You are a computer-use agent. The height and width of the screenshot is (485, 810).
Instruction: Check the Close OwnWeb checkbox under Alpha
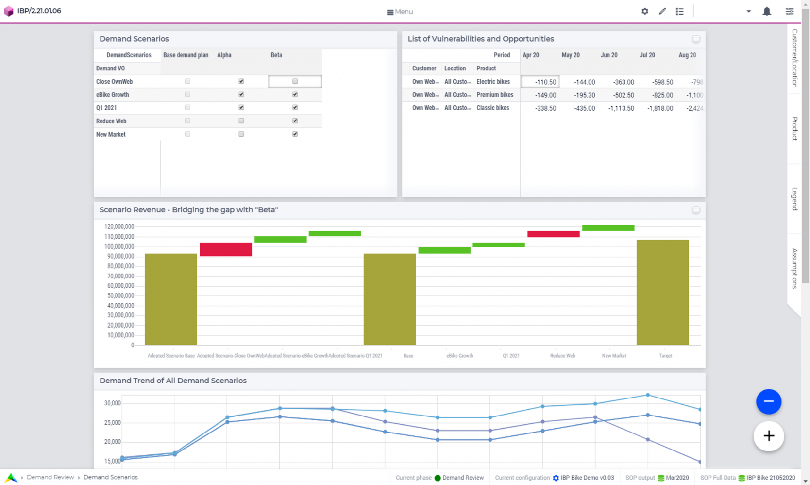coord(241,81)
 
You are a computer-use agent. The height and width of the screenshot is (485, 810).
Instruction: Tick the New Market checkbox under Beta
coord(295,134)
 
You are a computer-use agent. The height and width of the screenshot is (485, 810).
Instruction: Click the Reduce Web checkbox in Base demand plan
coord(187,121)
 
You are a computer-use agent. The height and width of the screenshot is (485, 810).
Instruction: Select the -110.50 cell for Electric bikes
coord(540,82)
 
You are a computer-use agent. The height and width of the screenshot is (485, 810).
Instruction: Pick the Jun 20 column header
coord(608,55)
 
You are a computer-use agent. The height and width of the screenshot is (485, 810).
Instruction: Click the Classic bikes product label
coord(492,108)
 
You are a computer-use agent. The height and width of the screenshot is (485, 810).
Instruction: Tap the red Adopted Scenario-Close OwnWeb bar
coord(225,249)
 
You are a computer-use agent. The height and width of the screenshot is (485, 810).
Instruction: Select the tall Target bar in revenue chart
coord(662,292)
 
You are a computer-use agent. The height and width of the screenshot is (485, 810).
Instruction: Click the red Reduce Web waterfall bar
coord(553,234)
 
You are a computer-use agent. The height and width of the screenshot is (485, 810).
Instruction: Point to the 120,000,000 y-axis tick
coord(119,226)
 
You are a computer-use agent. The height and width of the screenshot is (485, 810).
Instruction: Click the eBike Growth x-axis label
coord(459,356)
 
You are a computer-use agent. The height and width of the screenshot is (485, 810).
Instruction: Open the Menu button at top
coord(400,12)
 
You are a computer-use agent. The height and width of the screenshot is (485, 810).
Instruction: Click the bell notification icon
coord(766,11)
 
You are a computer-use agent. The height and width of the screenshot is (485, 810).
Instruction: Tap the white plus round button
coord(768,436)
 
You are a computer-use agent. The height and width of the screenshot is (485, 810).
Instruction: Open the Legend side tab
coord(794,198)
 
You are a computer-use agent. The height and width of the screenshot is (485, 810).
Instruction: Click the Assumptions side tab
coord(794,268)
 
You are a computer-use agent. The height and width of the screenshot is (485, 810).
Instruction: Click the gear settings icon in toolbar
coord(644,11)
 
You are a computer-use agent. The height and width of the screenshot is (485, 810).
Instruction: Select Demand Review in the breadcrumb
coord(50,477)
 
